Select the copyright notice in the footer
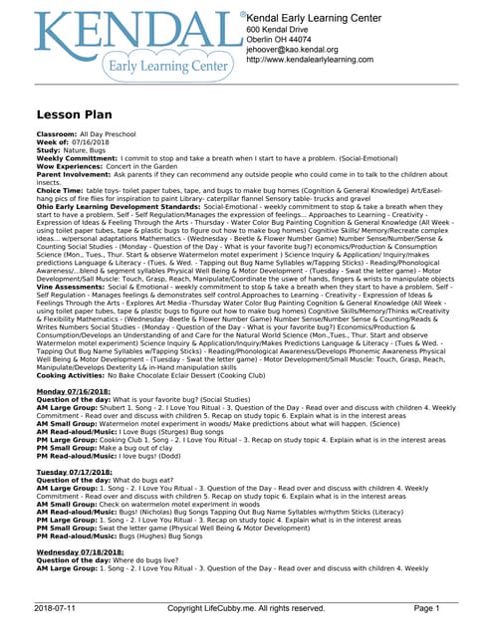[246, 607]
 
